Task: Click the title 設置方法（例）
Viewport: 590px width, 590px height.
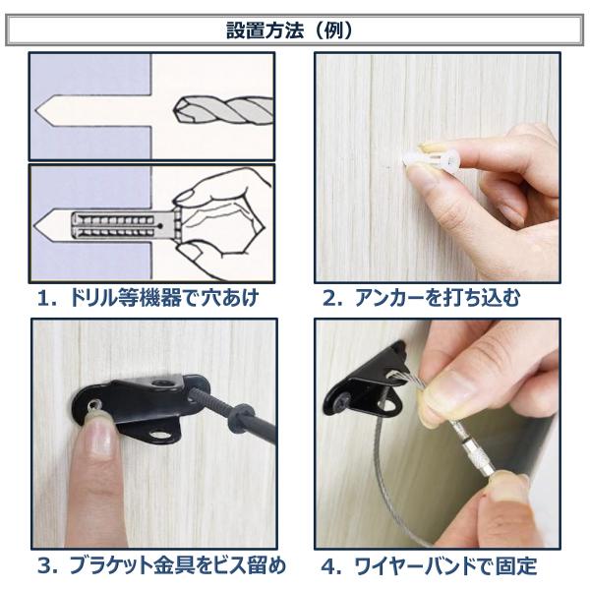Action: coord(289,30)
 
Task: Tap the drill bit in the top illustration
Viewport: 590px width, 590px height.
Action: coord(223,110)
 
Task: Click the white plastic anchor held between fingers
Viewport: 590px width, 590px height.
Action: coord(431,160)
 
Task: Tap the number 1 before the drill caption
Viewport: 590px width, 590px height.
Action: coord(45,299)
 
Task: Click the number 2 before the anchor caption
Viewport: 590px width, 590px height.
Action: coord(330,299)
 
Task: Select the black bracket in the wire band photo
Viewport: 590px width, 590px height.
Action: coord(367,384)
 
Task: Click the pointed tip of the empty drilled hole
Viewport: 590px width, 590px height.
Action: coord(35,110)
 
